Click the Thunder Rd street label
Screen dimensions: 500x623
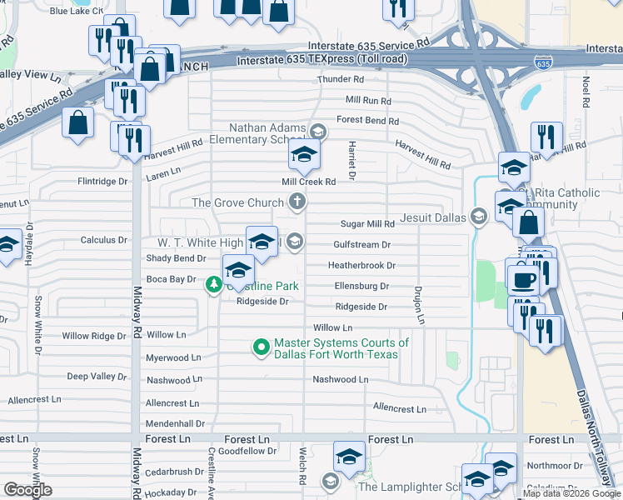tap(341, 80)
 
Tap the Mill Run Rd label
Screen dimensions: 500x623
tap(368, 100)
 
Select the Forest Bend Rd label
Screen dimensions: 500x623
tap(367, 120)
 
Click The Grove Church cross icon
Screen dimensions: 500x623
tap(297, 202)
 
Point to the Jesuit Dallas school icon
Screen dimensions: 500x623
tap(478, 217)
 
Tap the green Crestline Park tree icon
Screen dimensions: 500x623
tap(214, 285)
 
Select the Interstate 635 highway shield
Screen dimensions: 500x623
tap(543, 63)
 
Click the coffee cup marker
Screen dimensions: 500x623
tap(522, 278)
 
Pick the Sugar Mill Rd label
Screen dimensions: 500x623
tap(367, 224)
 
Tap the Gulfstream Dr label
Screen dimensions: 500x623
tap(361, 245)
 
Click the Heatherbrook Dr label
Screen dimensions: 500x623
tap(361, 266)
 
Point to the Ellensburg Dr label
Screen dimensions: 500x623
tap(361, 286)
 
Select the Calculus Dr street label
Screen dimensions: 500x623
tap(103, 240)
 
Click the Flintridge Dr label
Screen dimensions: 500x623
tap(102, 181)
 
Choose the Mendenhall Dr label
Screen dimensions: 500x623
tap(175, 423)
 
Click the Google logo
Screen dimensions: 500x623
tap(27, 489)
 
